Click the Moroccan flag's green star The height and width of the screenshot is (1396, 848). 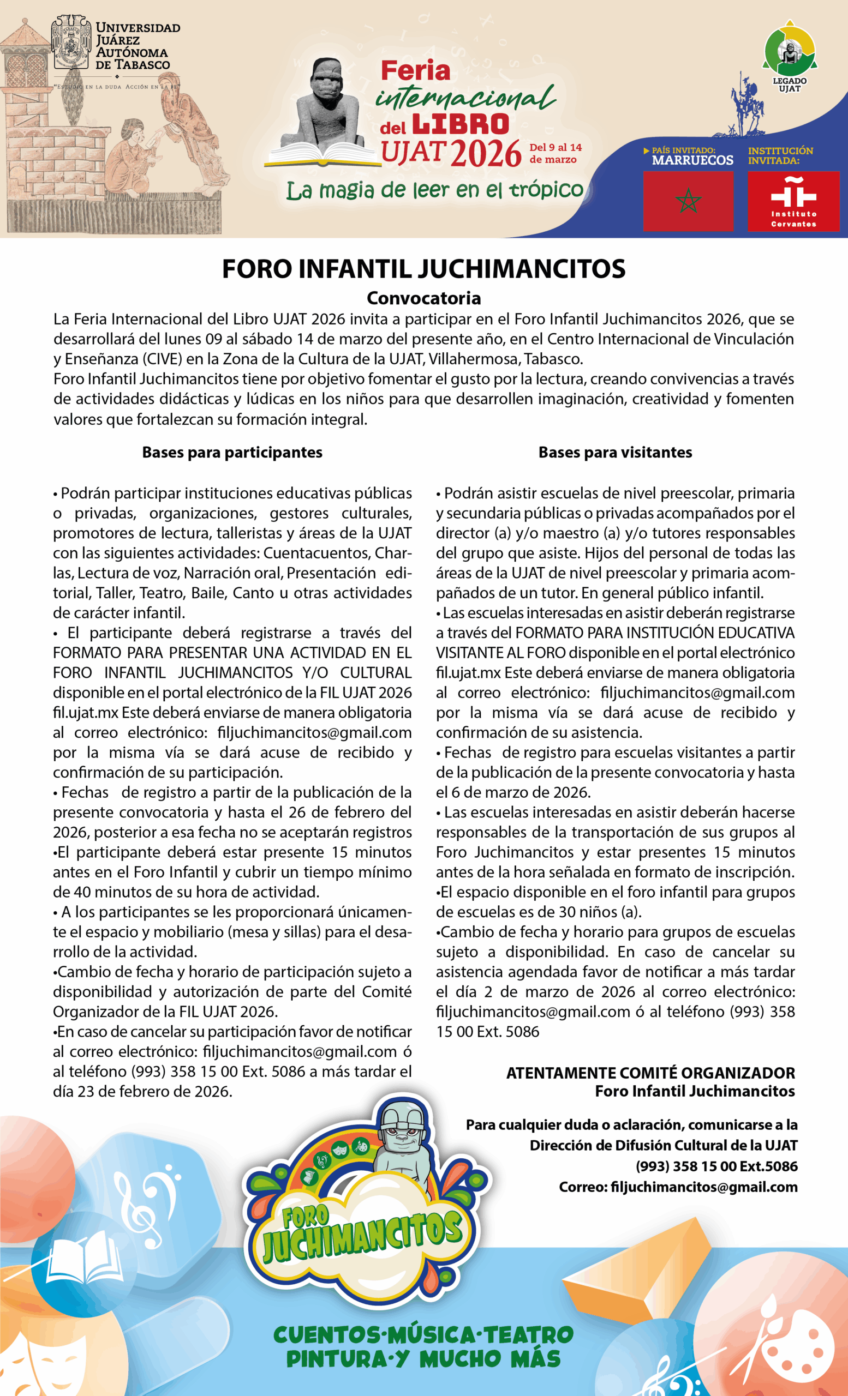[688, 200]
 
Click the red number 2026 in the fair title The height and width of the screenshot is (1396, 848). [486, 153]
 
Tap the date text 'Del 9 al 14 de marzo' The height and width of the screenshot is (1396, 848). [555, 153]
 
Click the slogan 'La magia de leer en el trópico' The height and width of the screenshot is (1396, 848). [434, 190]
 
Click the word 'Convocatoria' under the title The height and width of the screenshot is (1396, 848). [423, 298]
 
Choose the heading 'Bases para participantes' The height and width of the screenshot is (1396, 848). [232, 452]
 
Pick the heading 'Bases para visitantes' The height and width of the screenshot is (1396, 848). [615, 452]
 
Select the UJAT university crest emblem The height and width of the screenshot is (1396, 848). [71, 43]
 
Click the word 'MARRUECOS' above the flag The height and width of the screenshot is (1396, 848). [692, 160]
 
